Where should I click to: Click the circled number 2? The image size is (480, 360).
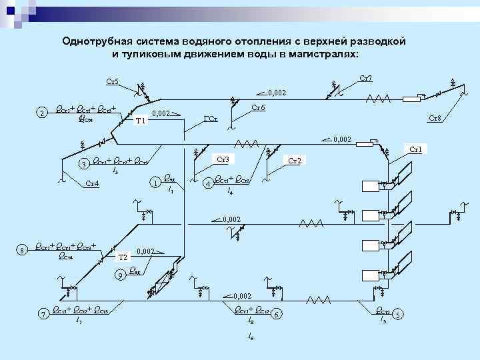tap(43, 113)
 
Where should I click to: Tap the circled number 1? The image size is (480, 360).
tap(155, 182)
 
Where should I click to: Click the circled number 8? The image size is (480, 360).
tap(23, 250)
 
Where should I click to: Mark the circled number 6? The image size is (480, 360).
tap(277, 313)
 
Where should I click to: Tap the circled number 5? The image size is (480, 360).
tap(398, 313)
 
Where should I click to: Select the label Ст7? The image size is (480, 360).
tap(366, 78)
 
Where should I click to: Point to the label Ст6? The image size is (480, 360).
tap(259, 107)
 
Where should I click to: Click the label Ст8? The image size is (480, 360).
tap(435, 118)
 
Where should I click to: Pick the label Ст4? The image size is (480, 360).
tap(93, 183)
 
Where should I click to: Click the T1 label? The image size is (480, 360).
tap(140, 121)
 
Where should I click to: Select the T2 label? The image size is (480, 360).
tap(123, 257)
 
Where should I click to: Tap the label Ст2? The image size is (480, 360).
tap(294, 160)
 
